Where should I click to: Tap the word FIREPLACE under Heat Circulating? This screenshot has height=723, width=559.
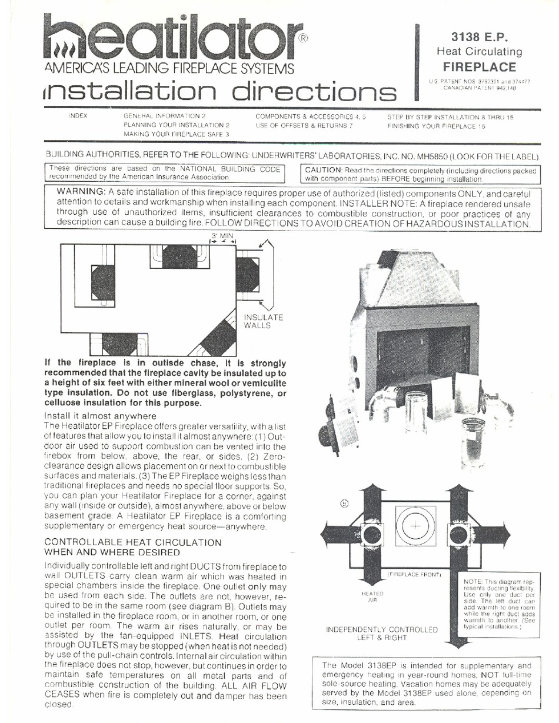click(479, 66)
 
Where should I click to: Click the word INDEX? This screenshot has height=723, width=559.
click(78, 116)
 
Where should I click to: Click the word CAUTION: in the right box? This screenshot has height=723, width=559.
click(326, 170)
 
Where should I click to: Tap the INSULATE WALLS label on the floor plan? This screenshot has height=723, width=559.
click(263, 321)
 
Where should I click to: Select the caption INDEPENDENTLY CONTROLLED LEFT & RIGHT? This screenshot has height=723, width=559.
click(382, 633)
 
